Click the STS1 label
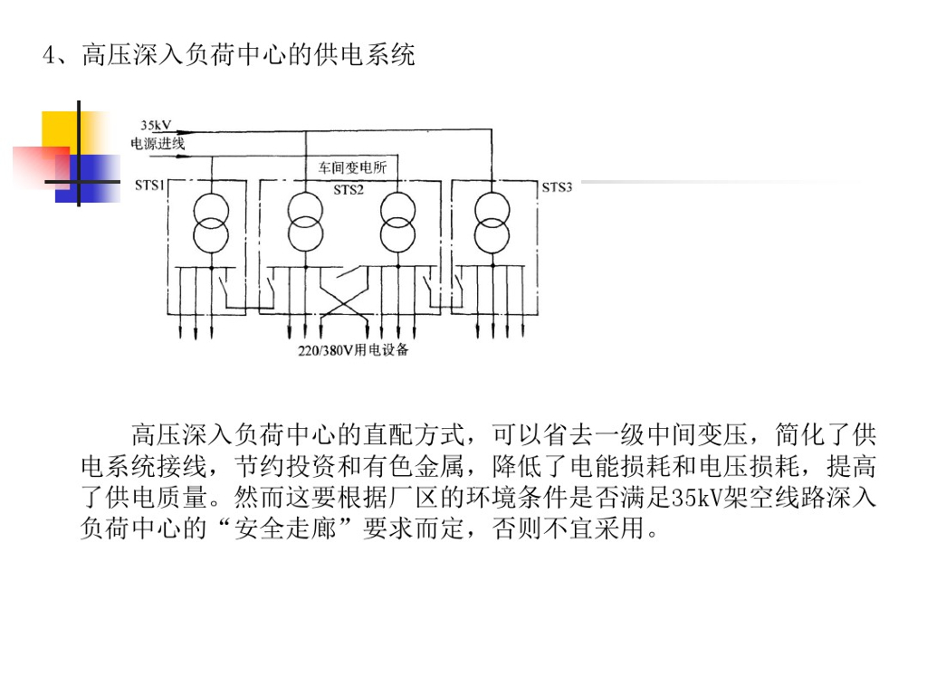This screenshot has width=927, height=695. pyautogui.click(x=149, y=186)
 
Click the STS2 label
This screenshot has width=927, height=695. pyautogui.click(x=349, y=190)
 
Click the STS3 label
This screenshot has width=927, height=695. pyautogui.click(x=557, y=187)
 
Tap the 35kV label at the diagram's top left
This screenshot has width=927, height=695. pyautogui.click(x=156, y=125)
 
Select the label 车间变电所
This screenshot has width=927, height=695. pyautogui.click(x=351, y=167)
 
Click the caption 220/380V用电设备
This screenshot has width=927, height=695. pyautogui.click(x=353, y=349)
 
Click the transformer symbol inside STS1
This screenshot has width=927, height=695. pyautogui.click(x=211, y=222)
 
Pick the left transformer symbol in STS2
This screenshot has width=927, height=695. pyautogui.click(x=306, y=222)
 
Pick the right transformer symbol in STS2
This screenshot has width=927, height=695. pyautogui.click(x=397, y=222)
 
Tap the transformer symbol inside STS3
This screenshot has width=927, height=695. pyautogui.click(x=492, y=222)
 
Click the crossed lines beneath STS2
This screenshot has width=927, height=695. pyautogui.click(x=346, y=298)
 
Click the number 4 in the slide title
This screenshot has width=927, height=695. pyautogui.click(x=49, y=56)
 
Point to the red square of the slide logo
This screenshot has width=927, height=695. pyautogui.click(x=40, y=167)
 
